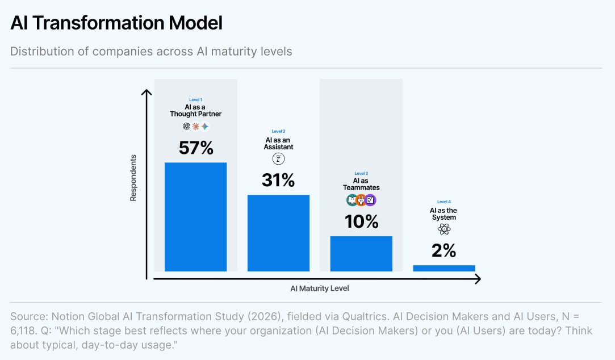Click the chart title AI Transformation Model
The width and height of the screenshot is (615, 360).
(116, 23)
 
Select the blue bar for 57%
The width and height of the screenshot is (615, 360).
(196, 217)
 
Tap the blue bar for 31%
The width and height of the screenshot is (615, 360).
(278, 233)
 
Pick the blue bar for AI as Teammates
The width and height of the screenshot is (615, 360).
(361, 254)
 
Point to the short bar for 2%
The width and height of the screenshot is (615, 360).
(444, 268)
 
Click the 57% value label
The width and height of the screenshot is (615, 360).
(196, 148)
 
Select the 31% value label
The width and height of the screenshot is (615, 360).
(278, 181)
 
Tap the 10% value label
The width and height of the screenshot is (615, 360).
(362, 221)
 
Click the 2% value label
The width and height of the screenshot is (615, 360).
(444, 250)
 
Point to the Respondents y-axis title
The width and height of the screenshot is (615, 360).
(133, 178)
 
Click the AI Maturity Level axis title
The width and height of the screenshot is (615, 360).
(320, 288)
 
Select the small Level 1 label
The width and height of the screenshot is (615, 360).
(196, 99)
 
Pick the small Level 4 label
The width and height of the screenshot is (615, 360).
(444, 202)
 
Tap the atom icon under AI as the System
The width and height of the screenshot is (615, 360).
(444, 229)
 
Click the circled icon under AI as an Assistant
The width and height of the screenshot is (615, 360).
(278, 159)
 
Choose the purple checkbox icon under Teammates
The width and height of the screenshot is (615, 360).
(370, 200)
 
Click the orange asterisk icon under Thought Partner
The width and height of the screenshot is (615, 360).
(196, 126)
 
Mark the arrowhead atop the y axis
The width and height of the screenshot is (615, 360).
(147, 92)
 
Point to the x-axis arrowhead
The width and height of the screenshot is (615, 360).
(478, 279)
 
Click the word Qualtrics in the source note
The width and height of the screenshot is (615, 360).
(366, 316)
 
